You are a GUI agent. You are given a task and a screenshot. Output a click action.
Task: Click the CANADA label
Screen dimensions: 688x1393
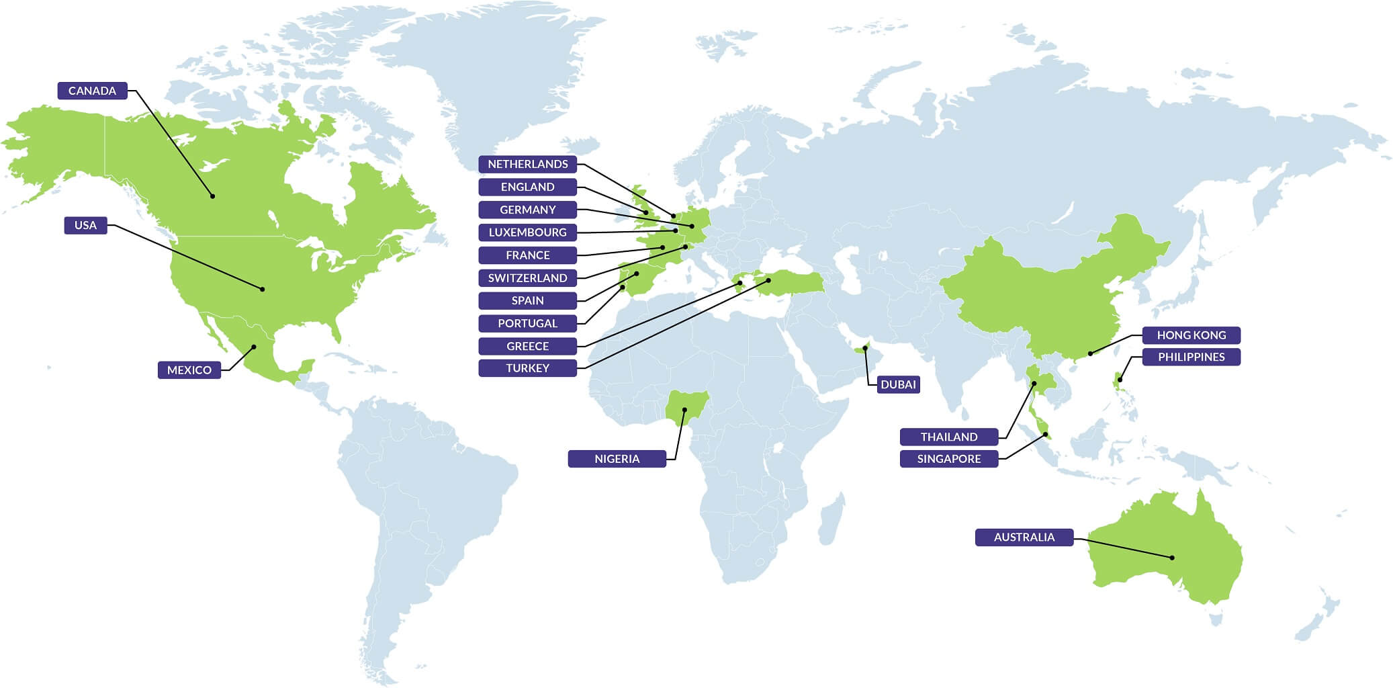92,91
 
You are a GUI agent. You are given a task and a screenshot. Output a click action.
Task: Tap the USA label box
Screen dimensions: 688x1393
85,225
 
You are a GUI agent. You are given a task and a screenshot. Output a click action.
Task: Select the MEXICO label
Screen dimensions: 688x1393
189,370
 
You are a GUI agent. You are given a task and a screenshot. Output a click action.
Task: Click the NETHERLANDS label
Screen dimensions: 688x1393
527,164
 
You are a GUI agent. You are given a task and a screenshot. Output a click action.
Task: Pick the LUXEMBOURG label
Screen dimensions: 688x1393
527,232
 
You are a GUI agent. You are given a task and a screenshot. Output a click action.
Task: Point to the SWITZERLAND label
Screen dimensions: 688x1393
527,278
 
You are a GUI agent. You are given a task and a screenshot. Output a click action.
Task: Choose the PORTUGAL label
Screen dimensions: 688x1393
527,323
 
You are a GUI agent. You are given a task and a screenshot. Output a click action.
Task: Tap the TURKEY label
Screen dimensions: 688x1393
527,368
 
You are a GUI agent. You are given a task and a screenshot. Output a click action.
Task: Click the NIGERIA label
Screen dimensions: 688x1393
617,459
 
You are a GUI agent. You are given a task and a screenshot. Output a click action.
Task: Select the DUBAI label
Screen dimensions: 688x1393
898,384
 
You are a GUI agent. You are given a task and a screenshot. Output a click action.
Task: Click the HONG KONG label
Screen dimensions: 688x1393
1191,335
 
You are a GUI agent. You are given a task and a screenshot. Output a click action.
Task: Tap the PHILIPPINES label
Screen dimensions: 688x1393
1191,357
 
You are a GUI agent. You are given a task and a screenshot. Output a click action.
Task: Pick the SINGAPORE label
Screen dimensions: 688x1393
948,459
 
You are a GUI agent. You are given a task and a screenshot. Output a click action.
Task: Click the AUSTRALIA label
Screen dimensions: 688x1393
1024,537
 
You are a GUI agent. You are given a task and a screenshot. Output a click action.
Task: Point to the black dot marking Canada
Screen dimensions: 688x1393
212,196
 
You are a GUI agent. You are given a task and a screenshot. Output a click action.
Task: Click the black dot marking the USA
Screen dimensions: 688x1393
263,289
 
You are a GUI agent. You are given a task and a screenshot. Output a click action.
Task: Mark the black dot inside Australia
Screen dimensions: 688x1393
1172,558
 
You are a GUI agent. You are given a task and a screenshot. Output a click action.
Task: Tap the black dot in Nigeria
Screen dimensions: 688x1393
684,409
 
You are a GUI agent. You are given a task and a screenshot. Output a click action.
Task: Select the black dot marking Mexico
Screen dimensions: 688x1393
254,347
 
